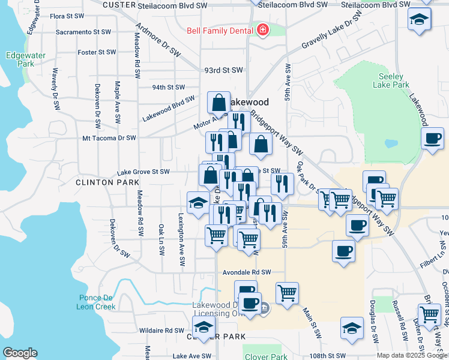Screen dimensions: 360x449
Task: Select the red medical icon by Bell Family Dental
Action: [262, 29]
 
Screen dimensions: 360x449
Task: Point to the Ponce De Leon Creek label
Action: [96, 302]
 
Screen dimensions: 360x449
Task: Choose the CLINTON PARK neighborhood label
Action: [100, 181]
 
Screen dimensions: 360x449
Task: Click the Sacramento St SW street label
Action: [83, 32]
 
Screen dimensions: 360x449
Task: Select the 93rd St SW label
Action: [221, 70]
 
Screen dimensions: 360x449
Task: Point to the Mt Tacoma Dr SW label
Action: [109, 137]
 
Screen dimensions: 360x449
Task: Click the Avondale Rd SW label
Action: [248, 272]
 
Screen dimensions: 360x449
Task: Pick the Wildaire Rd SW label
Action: [162, 330]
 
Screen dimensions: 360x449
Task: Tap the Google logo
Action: [20, 353]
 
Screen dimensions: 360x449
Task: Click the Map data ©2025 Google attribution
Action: [412, 355]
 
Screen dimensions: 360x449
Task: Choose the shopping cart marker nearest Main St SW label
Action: [288, 293]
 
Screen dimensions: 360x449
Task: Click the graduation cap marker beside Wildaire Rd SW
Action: [203, 326]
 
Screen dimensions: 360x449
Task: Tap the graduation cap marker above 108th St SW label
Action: [352, 327]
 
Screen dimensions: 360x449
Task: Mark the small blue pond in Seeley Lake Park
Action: [391, 144]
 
